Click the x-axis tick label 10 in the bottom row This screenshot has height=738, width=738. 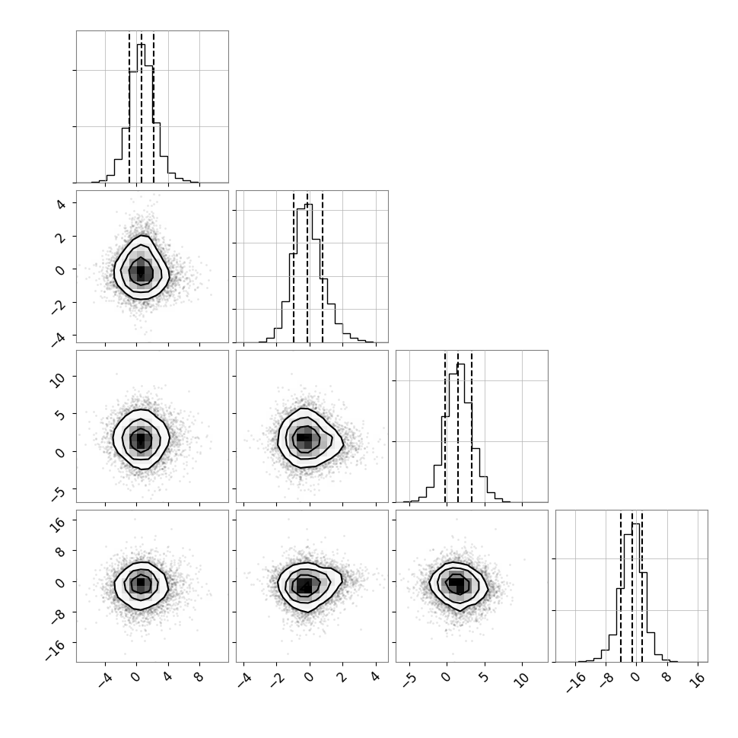[521, 679]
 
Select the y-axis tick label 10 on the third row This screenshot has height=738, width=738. [58, 380]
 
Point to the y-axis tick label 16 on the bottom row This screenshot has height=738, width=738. [58, 523]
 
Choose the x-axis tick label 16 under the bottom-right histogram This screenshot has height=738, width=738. [699, 679]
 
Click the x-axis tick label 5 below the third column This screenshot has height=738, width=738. [484, 678]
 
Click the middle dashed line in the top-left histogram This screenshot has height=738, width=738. [142, 107]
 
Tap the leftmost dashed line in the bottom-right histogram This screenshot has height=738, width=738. [621, 587]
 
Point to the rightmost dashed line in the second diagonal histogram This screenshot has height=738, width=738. [323, 267]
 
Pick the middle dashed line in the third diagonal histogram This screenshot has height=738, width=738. [458, 427]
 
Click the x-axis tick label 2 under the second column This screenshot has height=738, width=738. [342, 678]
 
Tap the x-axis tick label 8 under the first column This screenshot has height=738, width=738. [199, 678]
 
